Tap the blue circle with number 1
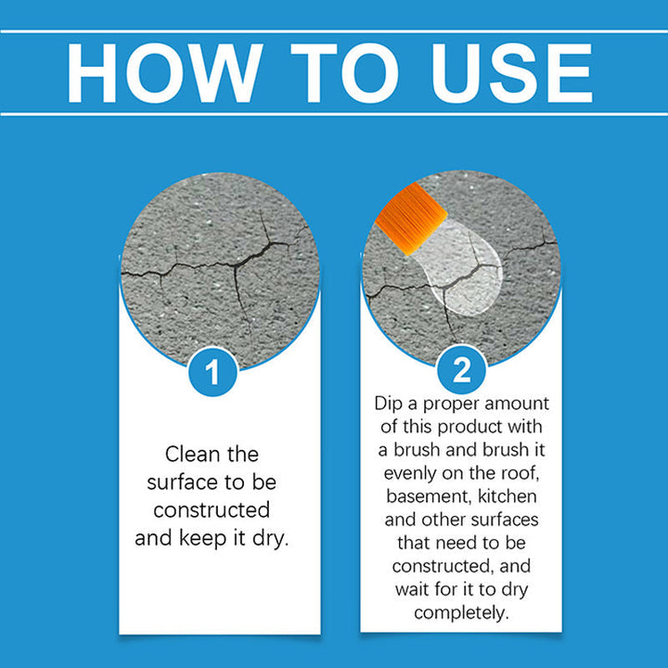212,373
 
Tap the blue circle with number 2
461,371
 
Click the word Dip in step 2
391,405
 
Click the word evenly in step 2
406,474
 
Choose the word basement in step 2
423,497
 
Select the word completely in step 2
461,613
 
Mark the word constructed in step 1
212,510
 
